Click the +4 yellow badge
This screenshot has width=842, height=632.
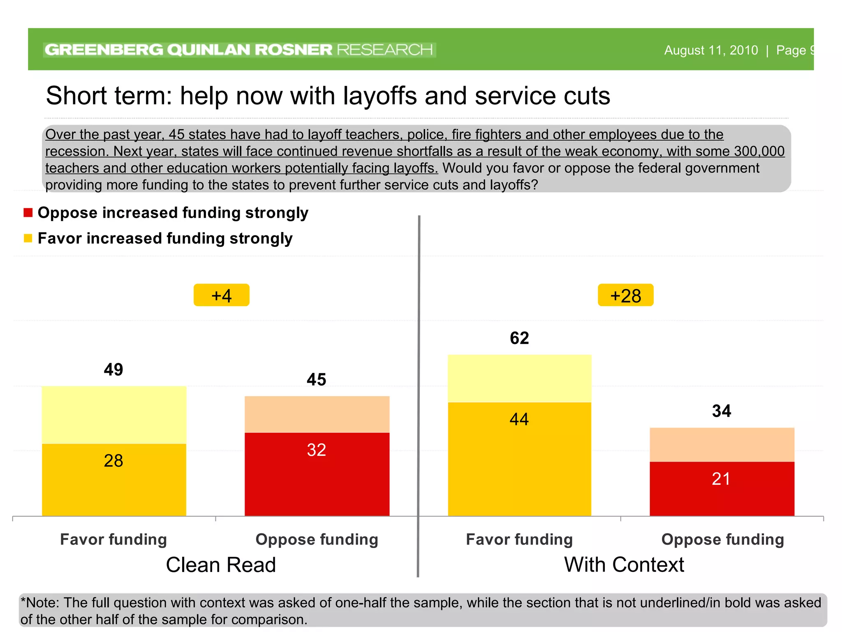[221, 295]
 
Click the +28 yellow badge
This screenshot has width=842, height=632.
[625, 295]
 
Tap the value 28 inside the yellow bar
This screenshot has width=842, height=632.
[113, 461]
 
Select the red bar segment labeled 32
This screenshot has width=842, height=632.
[317, 473]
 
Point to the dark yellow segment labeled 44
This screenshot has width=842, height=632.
[519, 457]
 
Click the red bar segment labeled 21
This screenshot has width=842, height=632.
[722, 488]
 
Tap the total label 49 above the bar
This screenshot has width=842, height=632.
[113, 369]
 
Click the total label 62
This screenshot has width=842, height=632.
[519, 338]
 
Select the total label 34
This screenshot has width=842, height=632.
[722, 411]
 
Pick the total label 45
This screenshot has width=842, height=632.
[317, 379]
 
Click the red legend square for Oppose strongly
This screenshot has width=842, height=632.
[28, 213]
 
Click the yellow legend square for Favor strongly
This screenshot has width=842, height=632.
[28, 238]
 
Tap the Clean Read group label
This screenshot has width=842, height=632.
[221, 565]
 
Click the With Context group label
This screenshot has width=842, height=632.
[624, 565]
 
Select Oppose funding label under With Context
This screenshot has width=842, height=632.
[722, 539]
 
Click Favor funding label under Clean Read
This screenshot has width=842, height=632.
[113, 539]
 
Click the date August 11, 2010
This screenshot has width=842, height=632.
[711, 50]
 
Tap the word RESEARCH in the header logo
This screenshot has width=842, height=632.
[385, 50]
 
